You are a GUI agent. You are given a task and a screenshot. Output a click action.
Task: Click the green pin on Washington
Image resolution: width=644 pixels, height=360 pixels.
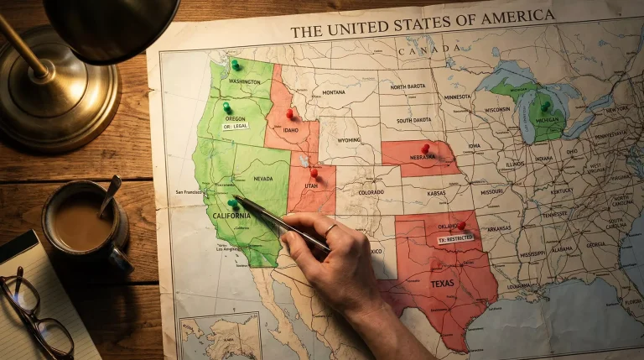click(235, 64)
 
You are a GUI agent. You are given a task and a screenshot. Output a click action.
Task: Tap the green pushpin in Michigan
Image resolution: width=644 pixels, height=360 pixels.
click(545, 106)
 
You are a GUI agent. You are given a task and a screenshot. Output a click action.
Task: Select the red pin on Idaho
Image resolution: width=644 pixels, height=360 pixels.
click(289, 112)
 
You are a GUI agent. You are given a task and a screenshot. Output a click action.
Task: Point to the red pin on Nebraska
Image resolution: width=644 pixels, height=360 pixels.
click(425, 148)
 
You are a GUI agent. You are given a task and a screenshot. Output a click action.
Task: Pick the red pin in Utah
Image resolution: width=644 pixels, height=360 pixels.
click(314, 173)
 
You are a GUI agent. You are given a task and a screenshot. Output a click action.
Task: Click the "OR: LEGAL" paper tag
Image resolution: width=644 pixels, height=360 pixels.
click(235, 126)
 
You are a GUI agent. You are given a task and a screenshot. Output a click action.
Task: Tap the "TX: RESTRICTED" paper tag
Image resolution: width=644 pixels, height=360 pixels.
click(455, 239)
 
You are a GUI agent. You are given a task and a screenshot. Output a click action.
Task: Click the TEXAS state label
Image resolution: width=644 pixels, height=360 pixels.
click(442, 283)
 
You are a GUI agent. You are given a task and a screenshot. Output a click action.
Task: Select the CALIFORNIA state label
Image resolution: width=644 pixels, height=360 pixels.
click(231, 216)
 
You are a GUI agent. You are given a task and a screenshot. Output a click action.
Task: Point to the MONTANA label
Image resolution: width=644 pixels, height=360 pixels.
click(333, 92)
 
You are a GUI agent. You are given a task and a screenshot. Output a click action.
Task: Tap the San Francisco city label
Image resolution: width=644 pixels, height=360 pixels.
click(190, 192)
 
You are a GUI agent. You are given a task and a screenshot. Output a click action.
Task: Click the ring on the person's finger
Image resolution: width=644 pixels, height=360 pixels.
click(330, 228)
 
